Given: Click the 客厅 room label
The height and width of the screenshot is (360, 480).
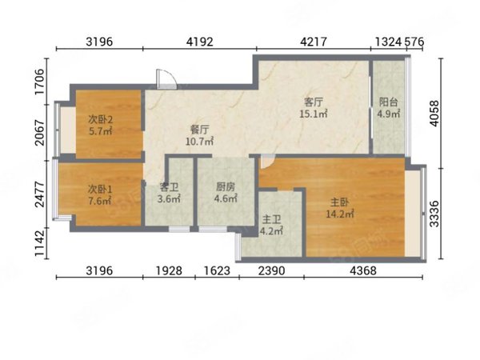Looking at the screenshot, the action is coord(314,102).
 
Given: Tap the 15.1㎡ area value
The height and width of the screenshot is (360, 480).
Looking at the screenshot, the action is coord(314,114).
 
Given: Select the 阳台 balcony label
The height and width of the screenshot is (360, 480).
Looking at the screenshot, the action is coord(389,102).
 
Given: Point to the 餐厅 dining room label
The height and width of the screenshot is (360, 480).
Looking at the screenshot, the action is coord(199,130).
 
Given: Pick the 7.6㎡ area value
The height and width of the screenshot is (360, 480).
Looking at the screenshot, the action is coord(100,201).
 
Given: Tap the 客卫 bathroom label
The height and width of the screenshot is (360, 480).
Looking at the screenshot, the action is coord(169,186).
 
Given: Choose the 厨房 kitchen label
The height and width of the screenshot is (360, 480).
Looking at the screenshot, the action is coord(226,186).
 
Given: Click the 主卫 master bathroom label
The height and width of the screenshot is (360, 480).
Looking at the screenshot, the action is coord(271,219).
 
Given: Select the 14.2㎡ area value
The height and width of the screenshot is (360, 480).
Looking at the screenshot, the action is coord(340,214).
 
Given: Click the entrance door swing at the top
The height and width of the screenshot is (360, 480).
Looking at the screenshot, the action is coord(166,79).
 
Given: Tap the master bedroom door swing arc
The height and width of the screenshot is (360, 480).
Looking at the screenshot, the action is coord(267,161).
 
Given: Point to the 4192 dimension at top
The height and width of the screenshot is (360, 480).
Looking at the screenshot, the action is coord(199,42).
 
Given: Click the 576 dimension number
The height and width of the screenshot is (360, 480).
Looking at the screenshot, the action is coord(414,42).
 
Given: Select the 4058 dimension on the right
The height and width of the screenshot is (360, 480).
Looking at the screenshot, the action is coord(434,114).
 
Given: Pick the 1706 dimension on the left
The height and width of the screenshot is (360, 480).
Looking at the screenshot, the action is coord(40,82).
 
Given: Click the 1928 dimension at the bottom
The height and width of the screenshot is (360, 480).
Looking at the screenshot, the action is coord(169,270).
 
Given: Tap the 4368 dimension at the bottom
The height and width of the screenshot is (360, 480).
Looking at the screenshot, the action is coord(363,270).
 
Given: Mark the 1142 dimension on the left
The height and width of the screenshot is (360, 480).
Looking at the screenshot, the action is coord(40,243).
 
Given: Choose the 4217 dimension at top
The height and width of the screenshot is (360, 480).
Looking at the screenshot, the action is coord(314,42).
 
